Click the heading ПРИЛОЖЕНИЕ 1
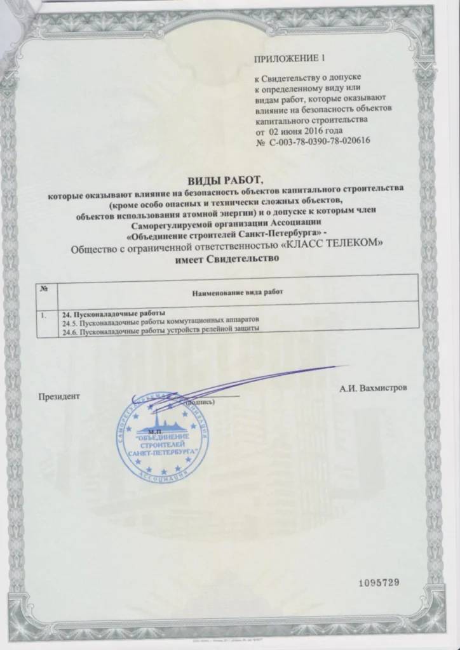pyautogui.click(x=289, y=59)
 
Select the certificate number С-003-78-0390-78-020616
pyautogui.click(x=318, y=144)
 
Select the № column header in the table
pyautogui.click(x=45, y=289)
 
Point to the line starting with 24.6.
pyautogui.click(x=160, y=329)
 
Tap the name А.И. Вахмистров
pyautogui.click(x=372, y=388)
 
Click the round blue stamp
pyautogui.click(x=164, y=442)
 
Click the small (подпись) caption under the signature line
pyautogui.click(x=200, y=402)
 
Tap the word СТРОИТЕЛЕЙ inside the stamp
pyautogui.click(x=164, y=447)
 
